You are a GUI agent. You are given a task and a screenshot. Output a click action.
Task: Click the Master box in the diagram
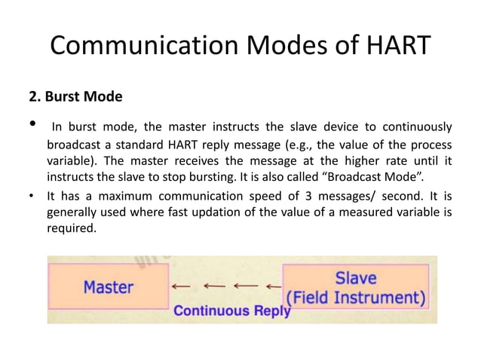click(x=108, y=286)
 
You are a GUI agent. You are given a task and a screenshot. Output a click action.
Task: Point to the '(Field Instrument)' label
click(x=355, y=295)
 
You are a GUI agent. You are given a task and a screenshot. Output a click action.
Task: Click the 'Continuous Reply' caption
click(x=231, y=310)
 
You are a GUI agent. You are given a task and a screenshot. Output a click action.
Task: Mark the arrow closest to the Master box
click(x=180, y=287)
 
